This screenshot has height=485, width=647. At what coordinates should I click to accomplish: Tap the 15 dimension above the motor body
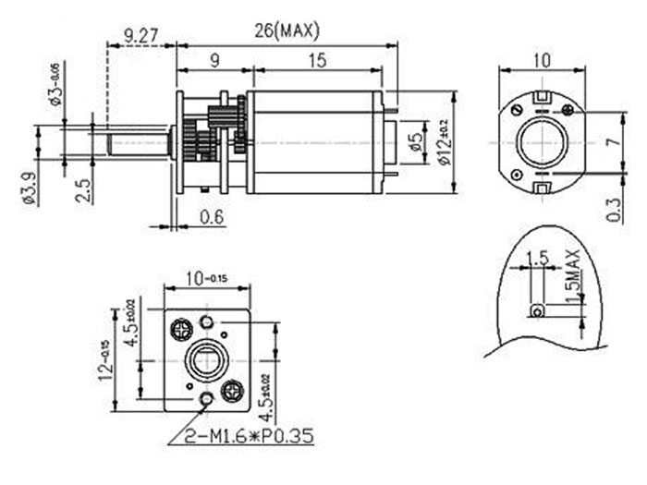tap(316, 60)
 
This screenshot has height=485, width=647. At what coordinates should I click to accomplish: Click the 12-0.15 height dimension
tap(110, 359)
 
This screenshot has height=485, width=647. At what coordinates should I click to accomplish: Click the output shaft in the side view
tap(139, 143)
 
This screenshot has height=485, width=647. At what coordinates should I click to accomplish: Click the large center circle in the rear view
tap(542, 142)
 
